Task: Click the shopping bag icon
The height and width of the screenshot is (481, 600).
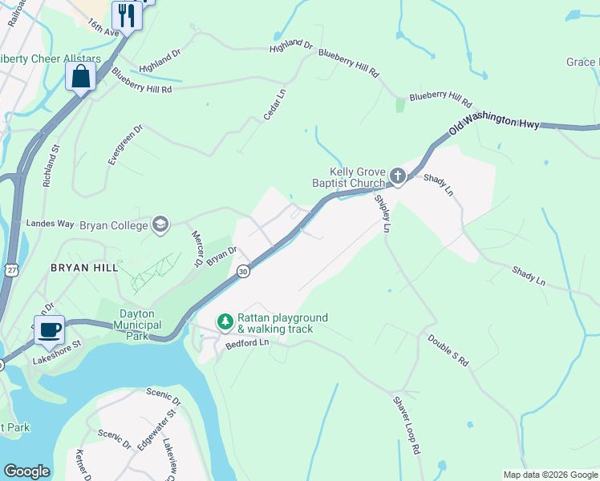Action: (x=80, y=77)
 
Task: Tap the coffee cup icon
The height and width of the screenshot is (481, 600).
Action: (x=49, y=329)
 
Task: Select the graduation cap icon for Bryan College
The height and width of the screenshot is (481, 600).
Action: (x=160, y=224)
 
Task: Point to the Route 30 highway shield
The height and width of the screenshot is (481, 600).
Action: (x=243, y=273)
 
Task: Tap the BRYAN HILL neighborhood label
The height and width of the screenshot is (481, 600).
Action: (x=84, y=267)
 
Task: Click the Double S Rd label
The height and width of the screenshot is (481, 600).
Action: (x=448, y=350)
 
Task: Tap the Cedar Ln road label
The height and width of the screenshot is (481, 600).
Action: (x=275, y=105)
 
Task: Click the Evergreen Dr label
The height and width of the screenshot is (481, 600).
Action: (x=125, y=144)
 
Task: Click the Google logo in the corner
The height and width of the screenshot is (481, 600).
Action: (x=27, y=471)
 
